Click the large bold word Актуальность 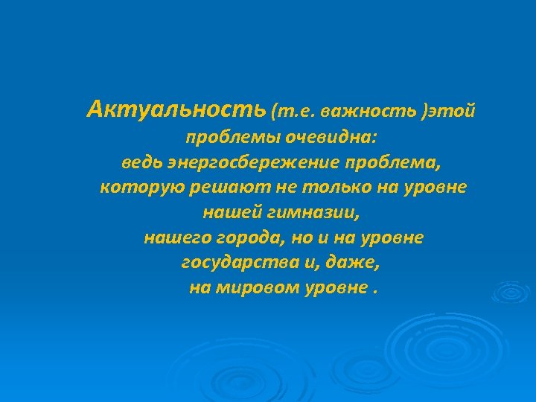(x=175, y=110)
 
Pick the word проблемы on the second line (x=224, y=137)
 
